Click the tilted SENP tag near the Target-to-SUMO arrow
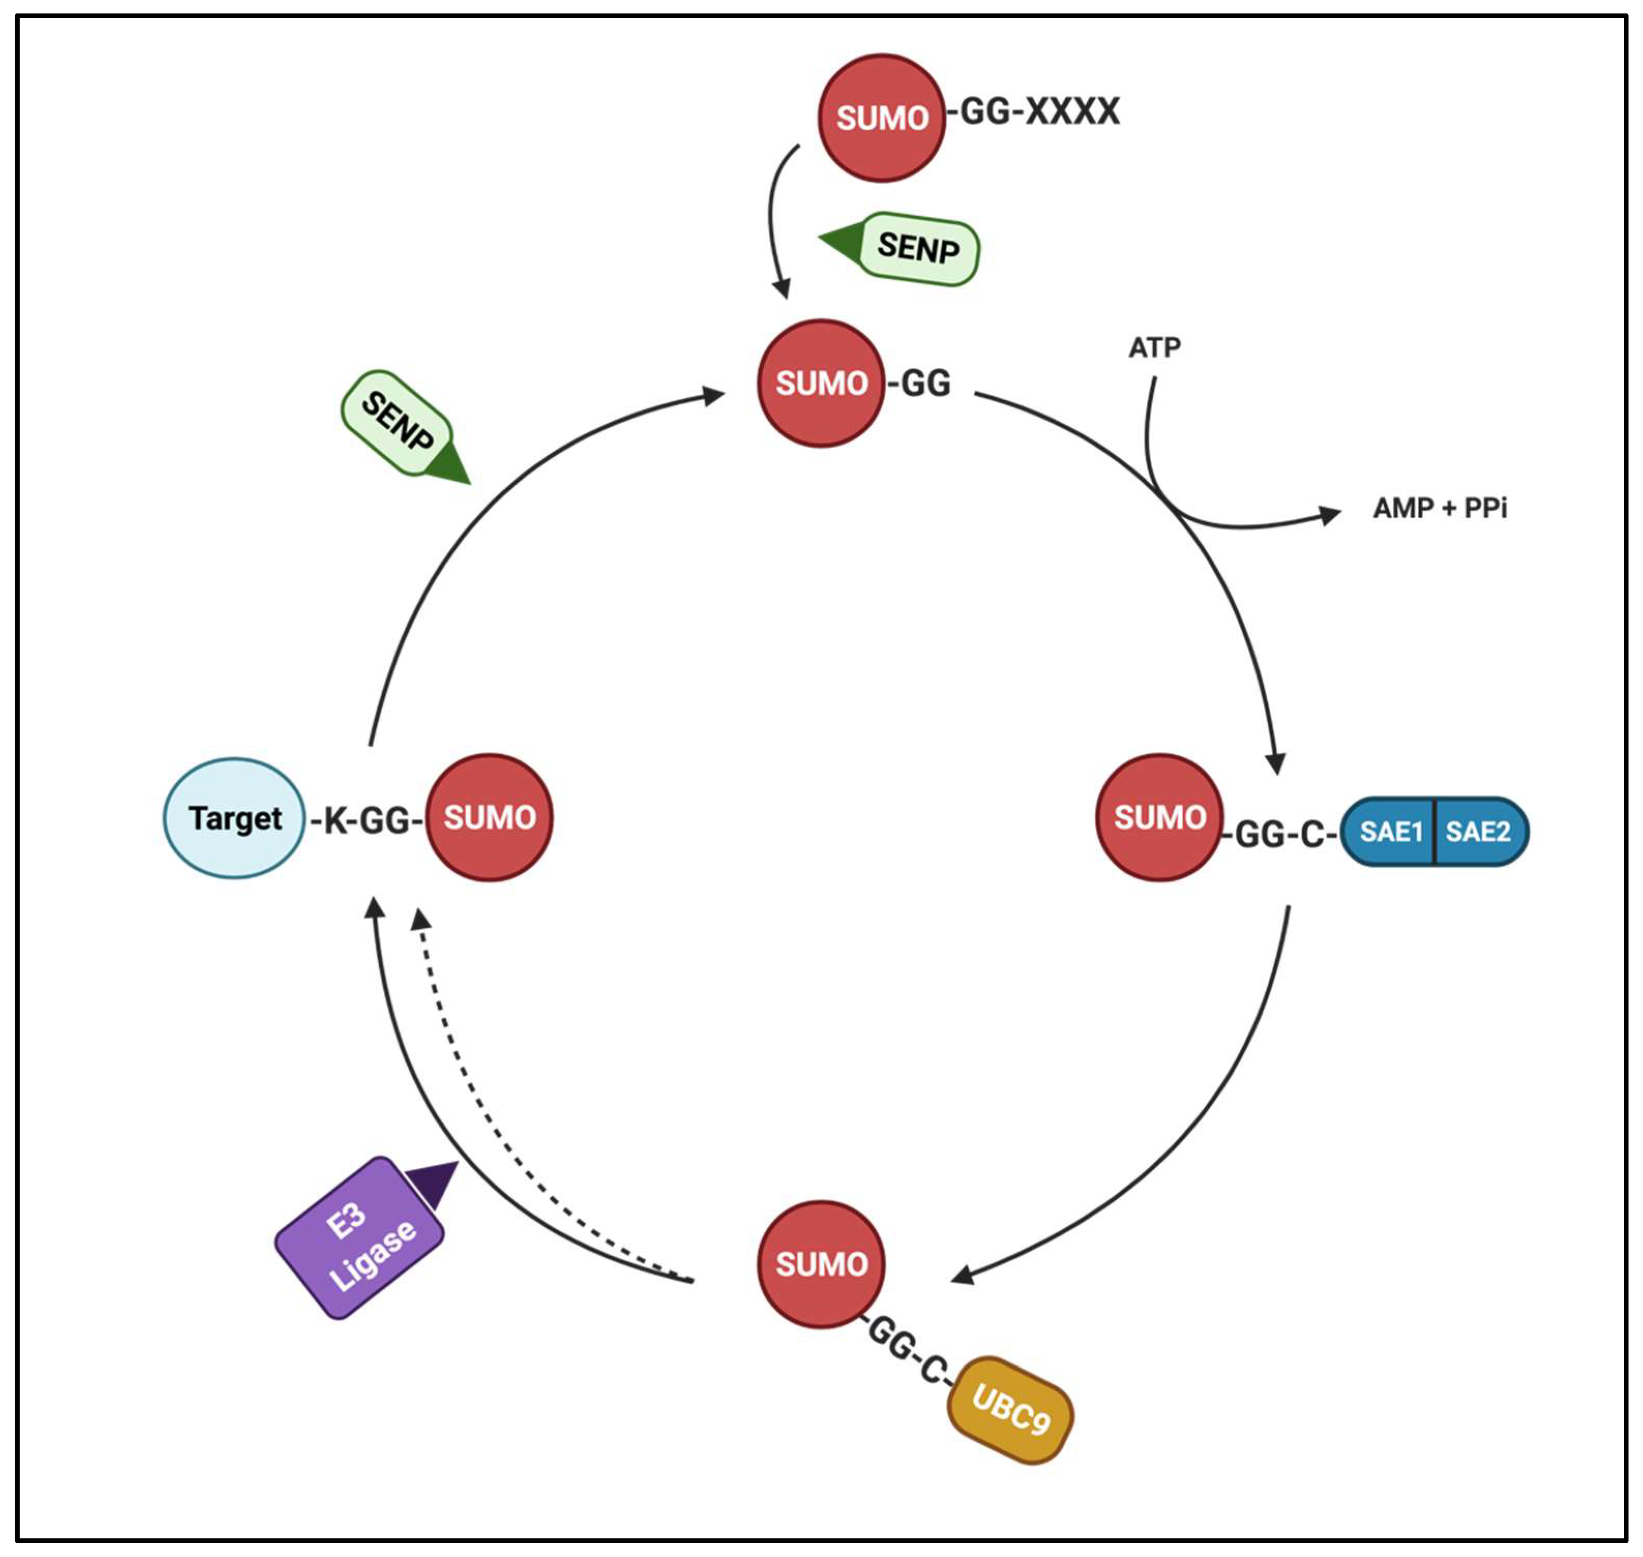[397, 422]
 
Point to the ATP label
[1154, 347]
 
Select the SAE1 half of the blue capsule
[1391, 832]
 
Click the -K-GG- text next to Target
[367, 821]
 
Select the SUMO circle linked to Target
[489, 818]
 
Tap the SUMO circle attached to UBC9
[821, 1264]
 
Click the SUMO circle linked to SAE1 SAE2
[1159, 818]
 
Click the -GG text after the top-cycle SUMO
[919, 383]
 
